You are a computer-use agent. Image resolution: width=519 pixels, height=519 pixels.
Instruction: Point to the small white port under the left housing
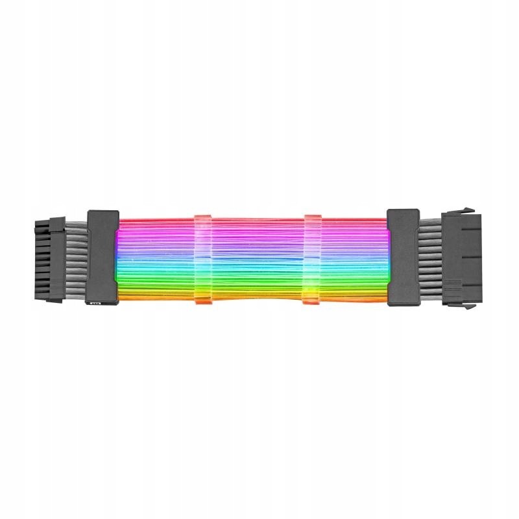pyautogui.click(x=96, y=303)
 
